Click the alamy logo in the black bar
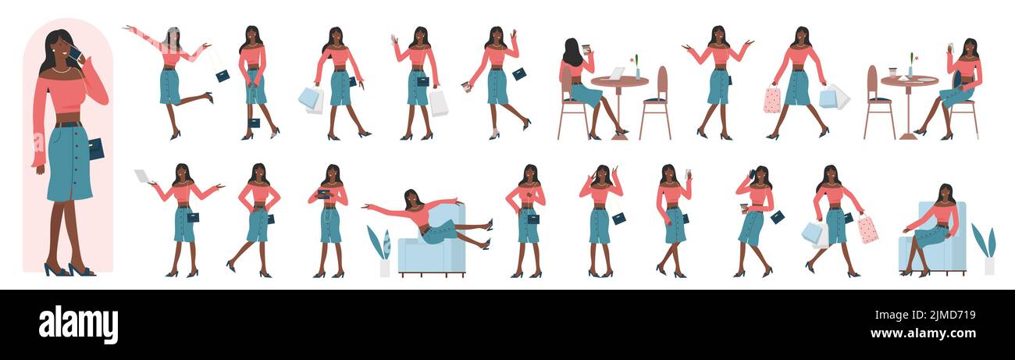pyautogui.click(x=78, y=325)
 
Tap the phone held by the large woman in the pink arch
pyautogui.click(x=75, y=53)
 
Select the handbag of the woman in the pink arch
pyautogui.click(x=95, y=148)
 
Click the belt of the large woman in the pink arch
pyautogui.click(x=69, y=124)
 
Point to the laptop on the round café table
pyautogui.click(x=616, y=73)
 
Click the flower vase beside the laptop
pyautogui.click(x=636, y=70)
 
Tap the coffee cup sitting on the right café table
pyautogui.click(x=892, y=73)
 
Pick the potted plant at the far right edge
pyautogui.click(x=985, y=250)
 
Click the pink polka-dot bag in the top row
pyautogui.click(x=771, y=100)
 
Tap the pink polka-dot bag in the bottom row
pyautogui.click(x=867, y=229)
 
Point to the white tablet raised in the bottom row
pyautogui.click(x=142, y=176)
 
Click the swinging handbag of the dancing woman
pyautogui.click(x=223, y=76)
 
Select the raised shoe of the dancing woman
pyautogui.click(x=209, y=97)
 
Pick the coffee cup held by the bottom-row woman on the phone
pyautogui.click(x=743, y=209)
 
